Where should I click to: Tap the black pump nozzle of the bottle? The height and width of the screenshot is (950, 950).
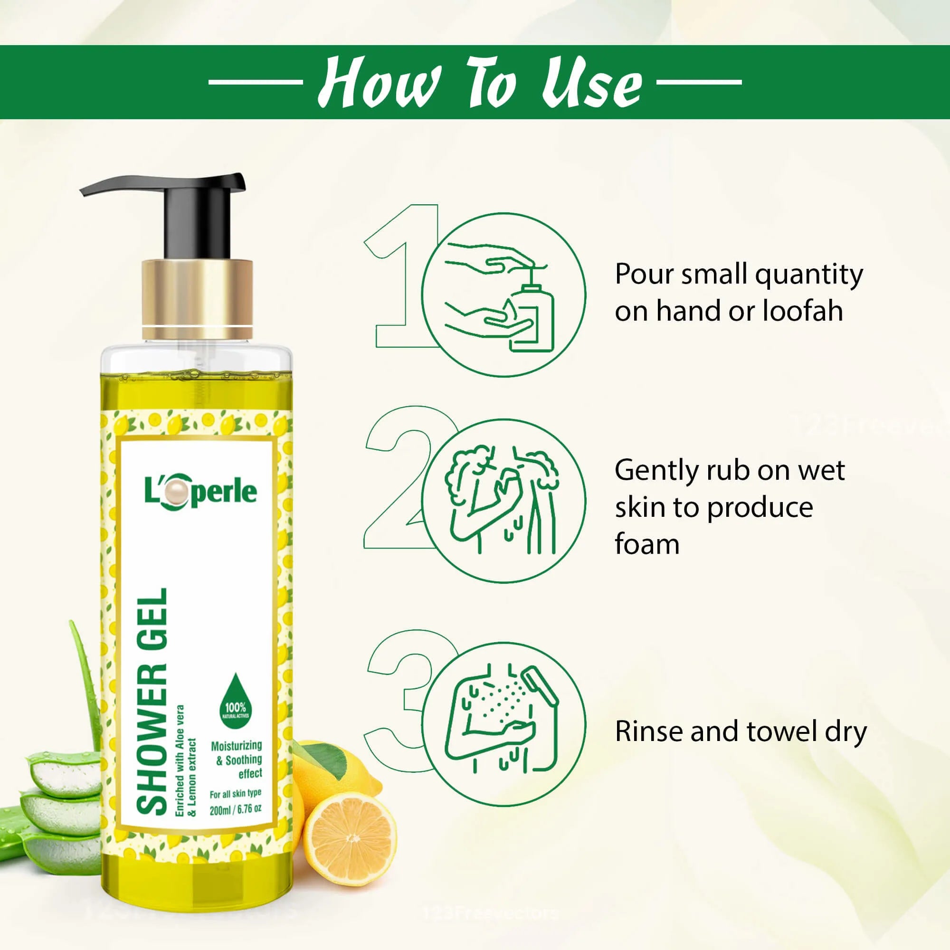(162, 185)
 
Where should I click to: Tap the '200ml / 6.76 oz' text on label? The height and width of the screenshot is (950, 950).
(235, 809)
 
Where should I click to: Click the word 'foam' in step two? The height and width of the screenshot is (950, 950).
(646, 544)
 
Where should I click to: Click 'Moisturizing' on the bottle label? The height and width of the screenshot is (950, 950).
(236, 745)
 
